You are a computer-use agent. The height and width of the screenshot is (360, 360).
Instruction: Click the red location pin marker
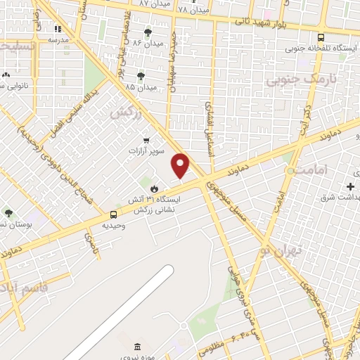[x=181, y=166]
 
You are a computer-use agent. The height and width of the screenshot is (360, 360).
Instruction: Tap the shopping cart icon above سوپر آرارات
[x=146, y=140]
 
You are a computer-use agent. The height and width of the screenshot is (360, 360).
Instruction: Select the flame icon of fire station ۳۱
[x=154, y=189]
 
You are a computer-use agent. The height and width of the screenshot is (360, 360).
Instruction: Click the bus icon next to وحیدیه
[x=113, y=215]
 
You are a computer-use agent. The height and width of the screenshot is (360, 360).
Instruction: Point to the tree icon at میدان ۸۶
[x=148, y=32]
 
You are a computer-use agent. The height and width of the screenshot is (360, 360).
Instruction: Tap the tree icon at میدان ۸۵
[x=141, y=76]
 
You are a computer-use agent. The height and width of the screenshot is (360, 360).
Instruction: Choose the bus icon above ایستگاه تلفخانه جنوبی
[x=321, y=38]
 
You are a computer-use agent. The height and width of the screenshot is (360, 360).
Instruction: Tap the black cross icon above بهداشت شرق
[x=351, y=186]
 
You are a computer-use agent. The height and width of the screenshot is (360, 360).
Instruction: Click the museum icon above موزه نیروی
[x=137, y=347]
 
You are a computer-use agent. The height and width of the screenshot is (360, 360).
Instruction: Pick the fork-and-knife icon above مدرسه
[x=58, y=29]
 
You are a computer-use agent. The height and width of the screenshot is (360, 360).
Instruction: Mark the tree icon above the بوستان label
[x=8, y=212]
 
